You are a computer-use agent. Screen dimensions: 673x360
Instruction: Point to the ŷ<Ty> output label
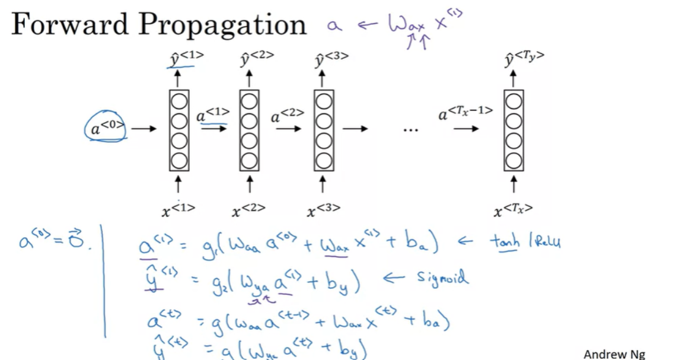click(x=524, y=58)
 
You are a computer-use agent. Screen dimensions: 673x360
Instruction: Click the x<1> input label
click(x=178, y=208)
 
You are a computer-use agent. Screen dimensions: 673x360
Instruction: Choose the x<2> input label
click(x=248, y=208)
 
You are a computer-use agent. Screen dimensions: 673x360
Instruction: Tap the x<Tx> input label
click(x=513, y=208)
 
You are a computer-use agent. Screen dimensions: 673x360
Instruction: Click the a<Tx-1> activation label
click(x=465, y=112)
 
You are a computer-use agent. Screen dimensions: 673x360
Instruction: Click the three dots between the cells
click(x=410, y=129)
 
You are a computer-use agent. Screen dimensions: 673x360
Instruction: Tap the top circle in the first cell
click(x=178, y=101)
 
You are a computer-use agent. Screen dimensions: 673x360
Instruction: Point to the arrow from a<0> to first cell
click(x=143, y=128)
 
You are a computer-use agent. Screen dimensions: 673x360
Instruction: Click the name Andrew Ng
click(x=613, y=354)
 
